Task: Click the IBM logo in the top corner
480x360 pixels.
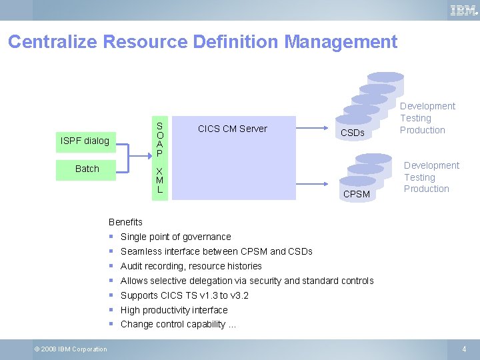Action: (463, 10)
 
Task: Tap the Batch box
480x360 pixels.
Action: (87, 169)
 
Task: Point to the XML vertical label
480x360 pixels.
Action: (159, 180)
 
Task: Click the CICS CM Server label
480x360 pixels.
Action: (232, 129)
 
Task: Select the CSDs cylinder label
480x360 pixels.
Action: (352, 133)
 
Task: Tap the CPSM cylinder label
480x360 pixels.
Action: (356, 195)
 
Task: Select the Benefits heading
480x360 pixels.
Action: (125, 222)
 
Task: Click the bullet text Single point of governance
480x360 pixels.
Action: (175, 237)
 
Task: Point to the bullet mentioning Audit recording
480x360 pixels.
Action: (191, 266)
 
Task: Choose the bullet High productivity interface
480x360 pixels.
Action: (174, 310)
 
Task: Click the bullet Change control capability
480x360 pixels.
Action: (177, 325)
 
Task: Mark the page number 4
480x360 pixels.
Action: (464, 349)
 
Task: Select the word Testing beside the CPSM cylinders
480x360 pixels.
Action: (419, 177)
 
